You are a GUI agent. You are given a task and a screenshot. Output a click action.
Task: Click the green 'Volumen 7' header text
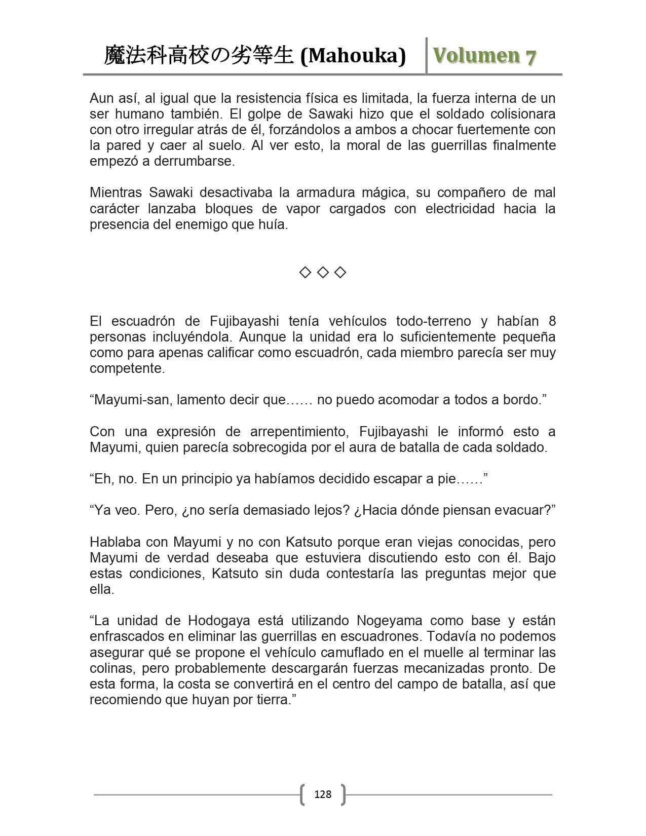(x=484, y=56)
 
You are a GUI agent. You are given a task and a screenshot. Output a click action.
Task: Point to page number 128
(x=323, y=794)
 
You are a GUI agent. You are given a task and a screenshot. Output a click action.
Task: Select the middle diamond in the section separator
(x=322, y=273)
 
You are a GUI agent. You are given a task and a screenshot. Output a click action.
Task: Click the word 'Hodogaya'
(x=216, y=621)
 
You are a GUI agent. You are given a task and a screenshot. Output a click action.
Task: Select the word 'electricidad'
(x=460, y=209)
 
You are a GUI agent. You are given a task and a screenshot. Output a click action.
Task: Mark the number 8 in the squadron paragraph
(x=552, y=321)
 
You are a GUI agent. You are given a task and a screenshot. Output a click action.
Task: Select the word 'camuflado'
(x=369, y=652)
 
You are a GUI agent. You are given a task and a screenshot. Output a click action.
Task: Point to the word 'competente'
(x=127, y=368)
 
